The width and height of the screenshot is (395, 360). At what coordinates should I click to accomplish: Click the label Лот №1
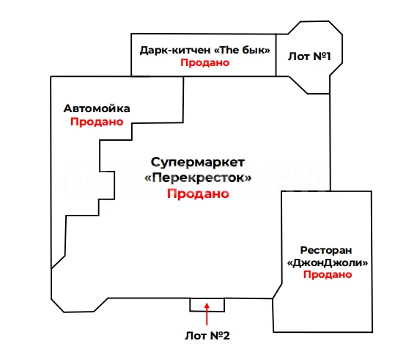309,56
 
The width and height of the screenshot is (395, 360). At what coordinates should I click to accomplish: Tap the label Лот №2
207,336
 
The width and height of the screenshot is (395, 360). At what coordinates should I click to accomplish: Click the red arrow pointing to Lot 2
207,314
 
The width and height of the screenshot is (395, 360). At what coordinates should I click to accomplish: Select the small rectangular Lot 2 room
207,305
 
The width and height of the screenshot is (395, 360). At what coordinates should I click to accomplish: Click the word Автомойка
97,109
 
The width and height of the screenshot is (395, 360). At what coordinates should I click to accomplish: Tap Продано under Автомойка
97,122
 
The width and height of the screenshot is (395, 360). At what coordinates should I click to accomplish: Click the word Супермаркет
198,162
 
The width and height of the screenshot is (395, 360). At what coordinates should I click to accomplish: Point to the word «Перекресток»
198,177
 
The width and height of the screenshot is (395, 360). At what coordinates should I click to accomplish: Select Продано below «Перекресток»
198,194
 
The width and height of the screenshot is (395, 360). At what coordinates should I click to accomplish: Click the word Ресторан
326,250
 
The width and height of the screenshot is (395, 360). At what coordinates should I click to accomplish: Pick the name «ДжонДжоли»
328,262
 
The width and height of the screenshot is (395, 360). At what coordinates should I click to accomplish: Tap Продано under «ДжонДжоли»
328,274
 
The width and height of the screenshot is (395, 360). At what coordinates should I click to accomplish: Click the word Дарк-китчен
175,50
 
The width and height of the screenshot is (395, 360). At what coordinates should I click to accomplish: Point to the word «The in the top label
226,50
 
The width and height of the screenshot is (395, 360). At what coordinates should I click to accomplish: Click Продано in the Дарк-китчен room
204,62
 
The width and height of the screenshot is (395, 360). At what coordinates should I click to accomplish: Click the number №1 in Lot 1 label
322,56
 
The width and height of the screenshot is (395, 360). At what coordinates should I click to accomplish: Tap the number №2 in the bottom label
220,336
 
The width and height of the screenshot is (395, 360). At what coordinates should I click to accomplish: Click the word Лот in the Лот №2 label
196,336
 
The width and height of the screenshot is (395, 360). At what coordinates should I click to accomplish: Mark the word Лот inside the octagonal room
299,56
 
